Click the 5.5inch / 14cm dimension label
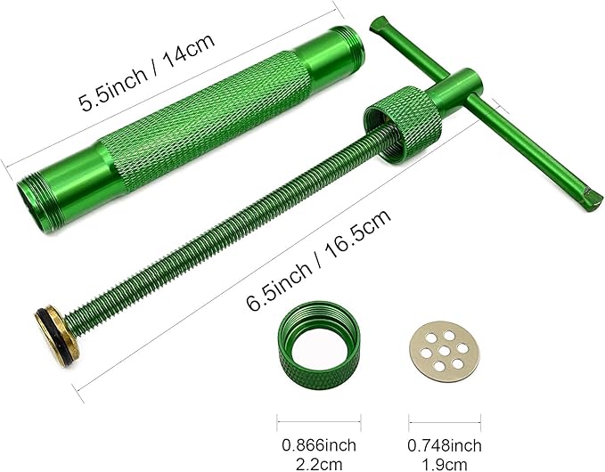tap(146, 72)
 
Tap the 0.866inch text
tap(319, 445)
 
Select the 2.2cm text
tap(319, 463)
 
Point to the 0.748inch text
tap(445, 445)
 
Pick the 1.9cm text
tap(445, 463)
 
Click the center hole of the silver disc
tap(444, 351)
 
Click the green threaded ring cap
tap(319, 345)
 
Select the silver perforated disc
tap(444, 351)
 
